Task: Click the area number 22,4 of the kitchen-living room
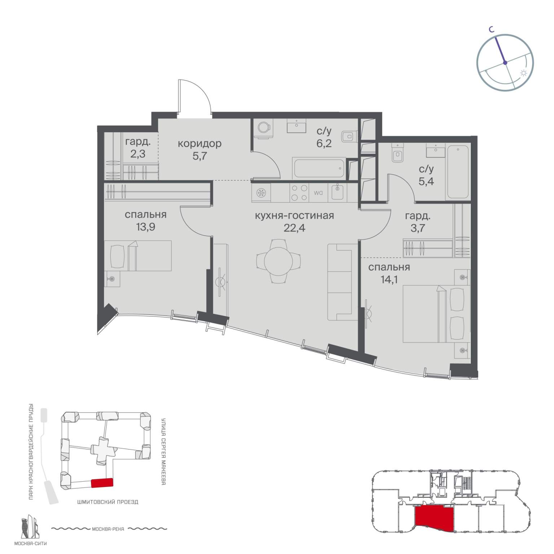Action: tap(294, 228)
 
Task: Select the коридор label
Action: tap(199, 144)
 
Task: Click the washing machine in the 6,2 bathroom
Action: tap(263, 128)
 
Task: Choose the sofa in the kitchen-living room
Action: tap(342, 282)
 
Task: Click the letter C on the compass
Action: tap(491, 31)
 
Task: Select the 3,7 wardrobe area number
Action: tap(417, 228)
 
